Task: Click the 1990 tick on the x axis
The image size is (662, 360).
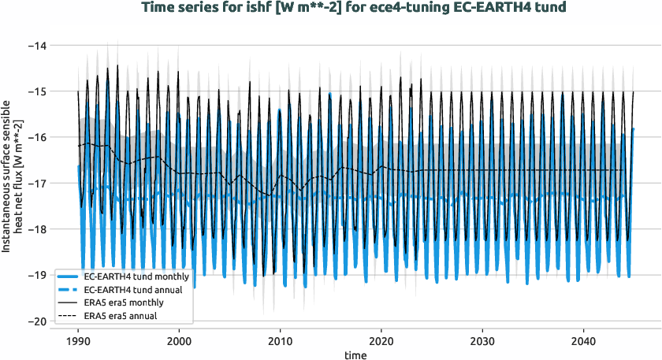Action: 78,341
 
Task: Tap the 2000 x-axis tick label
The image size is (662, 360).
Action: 179,341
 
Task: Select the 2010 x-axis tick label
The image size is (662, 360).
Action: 280,341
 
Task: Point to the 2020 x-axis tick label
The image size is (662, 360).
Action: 381,341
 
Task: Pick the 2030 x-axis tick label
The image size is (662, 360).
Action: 482,341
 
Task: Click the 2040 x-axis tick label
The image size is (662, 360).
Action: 582,341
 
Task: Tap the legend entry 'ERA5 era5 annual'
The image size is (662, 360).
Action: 119,315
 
